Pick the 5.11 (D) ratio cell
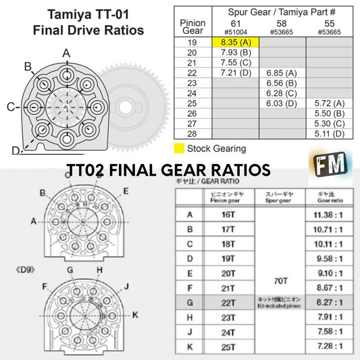pyautogui.click(x=329, y=134)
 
